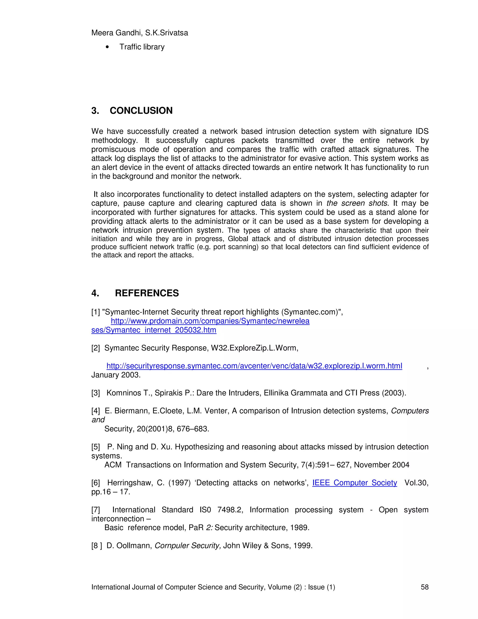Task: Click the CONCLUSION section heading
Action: pos(141,110)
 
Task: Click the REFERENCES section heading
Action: pos(147,293)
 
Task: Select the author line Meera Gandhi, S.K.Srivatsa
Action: pos(140,33)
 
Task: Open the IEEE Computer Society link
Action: pos(355,483)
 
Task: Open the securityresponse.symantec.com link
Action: pos(254,366)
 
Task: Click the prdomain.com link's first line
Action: pos(210,321)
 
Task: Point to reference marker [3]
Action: pos(95,393)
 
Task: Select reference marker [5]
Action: pos(95,447)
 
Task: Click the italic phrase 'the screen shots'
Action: pos(357,203)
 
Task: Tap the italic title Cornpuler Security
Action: pos(187,546)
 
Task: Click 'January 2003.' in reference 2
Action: pos(116,375)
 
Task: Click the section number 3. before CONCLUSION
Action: pos(95,110)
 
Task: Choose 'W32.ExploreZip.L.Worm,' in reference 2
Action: pos(255,348)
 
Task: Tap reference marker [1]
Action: pos(95,312)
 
